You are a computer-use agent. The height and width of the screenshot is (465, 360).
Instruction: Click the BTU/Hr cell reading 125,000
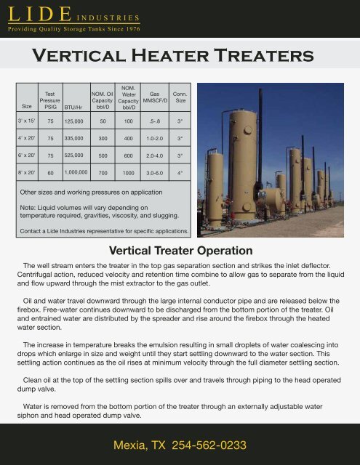click(73, 121)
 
